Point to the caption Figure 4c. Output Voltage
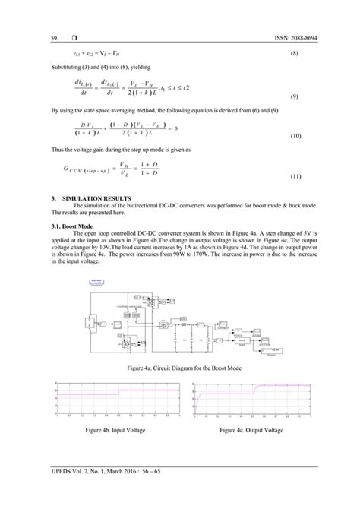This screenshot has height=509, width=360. point(251,430)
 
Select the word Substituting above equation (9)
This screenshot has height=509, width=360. point(68,66)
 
